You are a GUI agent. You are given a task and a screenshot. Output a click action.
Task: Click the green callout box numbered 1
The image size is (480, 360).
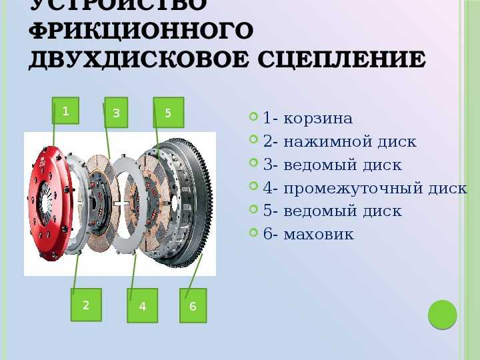65,111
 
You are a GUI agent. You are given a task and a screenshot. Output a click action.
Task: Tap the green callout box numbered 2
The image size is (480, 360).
86,305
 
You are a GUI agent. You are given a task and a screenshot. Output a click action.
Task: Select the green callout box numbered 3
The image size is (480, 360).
116,113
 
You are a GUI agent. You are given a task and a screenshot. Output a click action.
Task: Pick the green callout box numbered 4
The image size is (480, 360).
143,305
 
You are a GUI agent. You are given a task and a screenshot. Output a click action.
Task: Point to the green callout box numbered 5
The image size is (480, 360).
169,113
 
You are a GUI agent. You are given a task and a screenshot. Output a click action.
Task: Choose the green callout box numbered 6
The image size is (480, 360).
193,305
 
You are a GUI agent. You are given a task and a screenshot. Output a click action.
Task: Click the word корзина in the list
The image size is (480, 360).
318,119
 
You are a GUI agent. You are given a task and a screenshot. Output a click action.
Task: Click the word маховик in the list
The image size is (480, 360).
319,235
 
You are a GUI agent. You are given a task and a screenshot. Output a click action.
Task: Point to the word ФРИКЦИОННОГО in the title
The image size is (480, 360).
141,31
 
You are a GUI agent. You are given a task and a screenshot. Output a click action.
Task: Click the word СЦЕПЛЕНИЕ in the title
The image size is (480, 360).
341,60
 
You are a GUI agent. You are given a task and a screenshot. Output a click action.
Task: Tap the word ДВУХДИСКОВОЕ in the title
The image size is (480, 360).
139,60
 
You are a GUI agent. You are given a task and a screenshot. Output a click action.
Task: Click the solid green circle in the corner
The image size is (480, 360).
443,315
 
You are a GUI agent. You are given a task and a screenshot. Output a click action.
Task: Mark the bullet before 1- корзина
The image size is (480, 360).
253,116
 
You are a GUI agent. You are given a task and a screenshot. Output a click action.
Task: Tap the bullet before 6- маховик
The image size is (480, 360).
253,232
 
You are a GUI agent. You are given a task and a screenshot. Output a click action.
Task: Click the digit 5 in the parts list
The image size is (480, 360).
267,211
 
